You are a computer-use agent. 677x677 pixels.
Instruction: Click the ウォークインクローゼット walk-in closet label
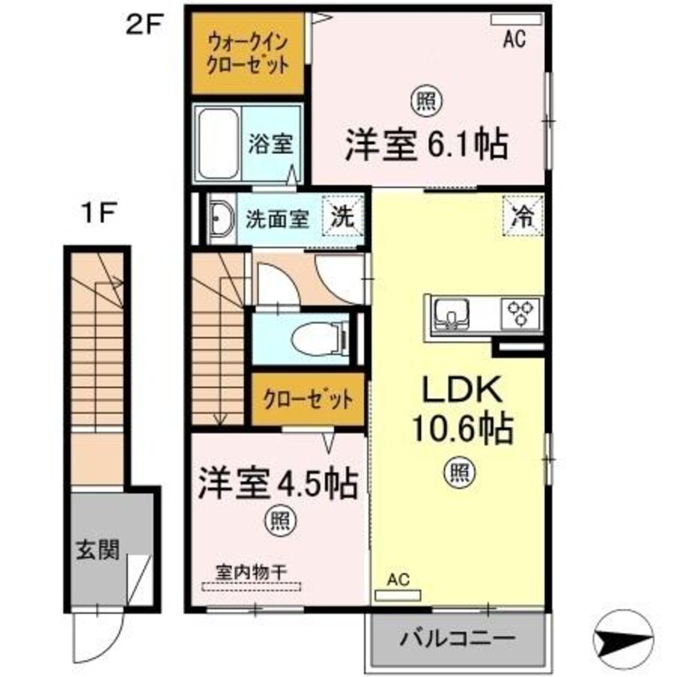pos(247,52)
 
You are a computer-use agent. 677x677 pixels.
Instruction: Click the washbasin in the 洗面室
pos(218,218)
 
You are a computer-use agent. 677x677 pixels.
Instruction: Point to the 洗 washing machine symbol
pos(342,216)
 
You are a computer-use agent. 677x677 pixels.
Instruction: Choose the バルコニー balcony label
pos(459,639)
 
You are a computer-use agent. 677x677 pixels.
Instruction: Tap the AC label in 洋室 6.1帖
pos(514,40)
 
